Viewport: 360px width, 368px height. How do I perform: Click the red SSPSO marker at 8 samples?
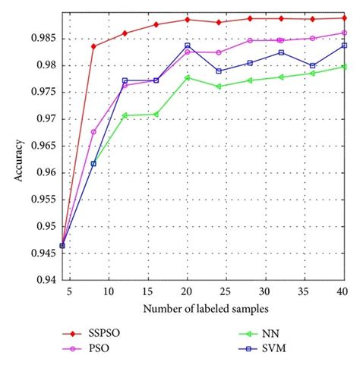pyautogui.click(x=93, y=46)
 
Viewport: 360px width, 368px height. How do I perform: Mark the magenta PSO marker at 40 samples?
pyautogui.click(x=344, y=33)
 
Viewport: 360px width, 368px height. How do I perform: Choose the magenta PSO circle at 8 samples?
pyautogui.click(x=93, y=132)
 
